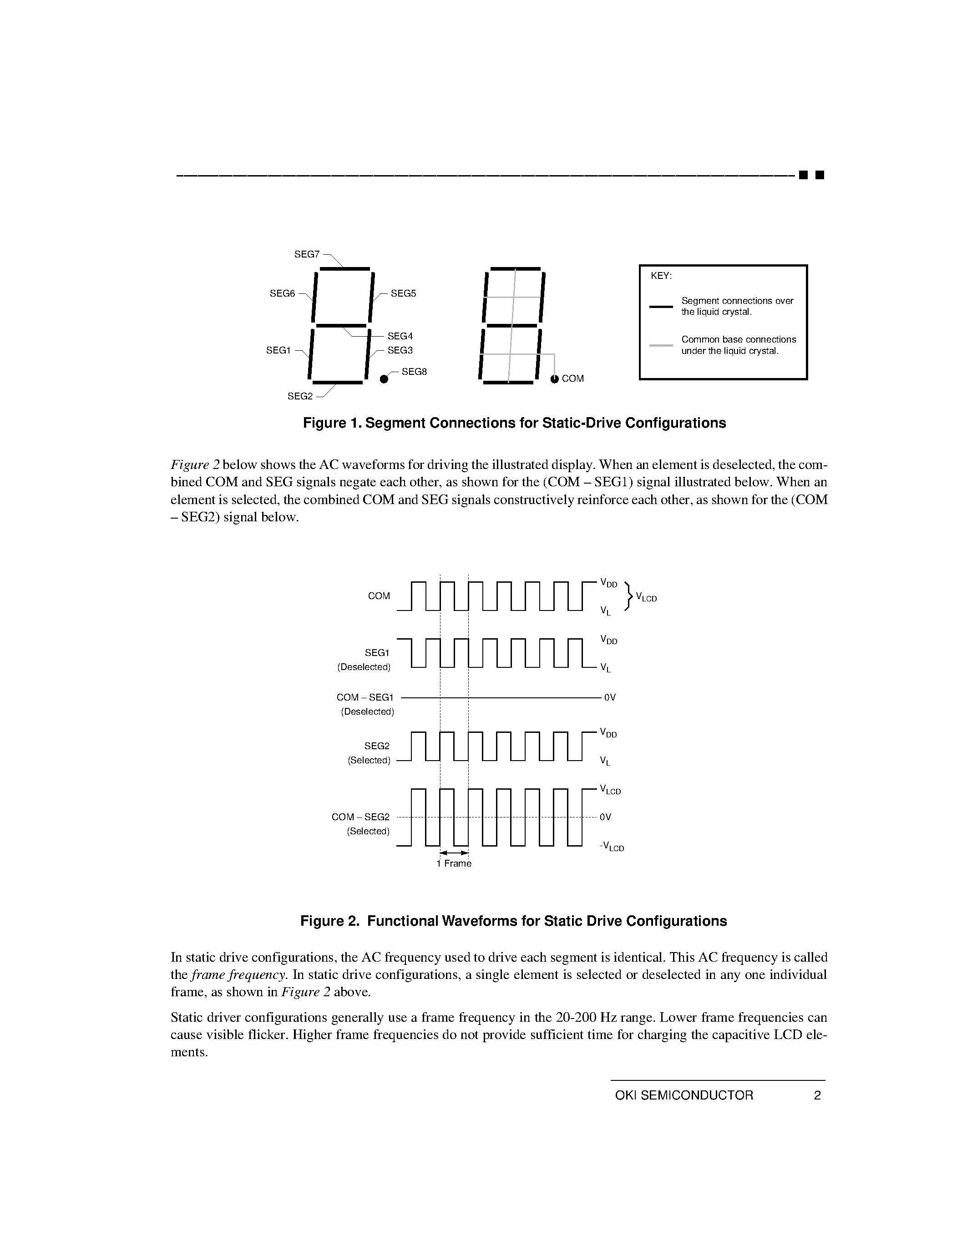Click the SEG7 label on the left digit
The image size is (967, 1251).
(x=307, y=254)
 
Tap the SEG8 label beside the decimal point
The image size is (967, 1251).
(x=414, y=372)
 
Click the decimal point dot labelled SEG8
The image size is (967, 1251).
(x=384, y=378)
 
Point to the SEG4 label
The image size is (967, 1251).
(x=400, y=336)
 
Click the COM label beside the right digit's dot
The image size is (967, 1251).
(x=573, y=378)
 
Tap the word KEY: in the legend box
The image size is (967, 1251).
(x=661, y=276)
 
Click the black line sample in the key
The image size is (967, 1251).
(x=660, y=307)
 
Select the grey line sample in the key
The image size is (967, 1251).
(x=660, y=345)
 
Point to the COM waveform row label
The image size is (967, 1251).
(x=379, y=596)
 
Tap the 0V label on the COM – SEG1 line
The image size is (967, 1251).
(x=609, y=698)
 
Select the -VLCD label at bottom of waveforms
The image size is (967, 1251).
(x=611, y=847)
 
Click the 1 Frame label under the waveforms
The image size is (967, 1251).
(x=454, y=863)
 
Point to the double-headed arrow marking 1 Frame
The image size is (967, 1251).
(x=454, y=853)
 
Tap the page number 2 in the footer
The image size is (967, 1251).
(x=817, y=1096)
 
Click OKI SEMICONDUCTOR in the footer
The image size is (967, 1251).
(x=684, y=1096)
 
